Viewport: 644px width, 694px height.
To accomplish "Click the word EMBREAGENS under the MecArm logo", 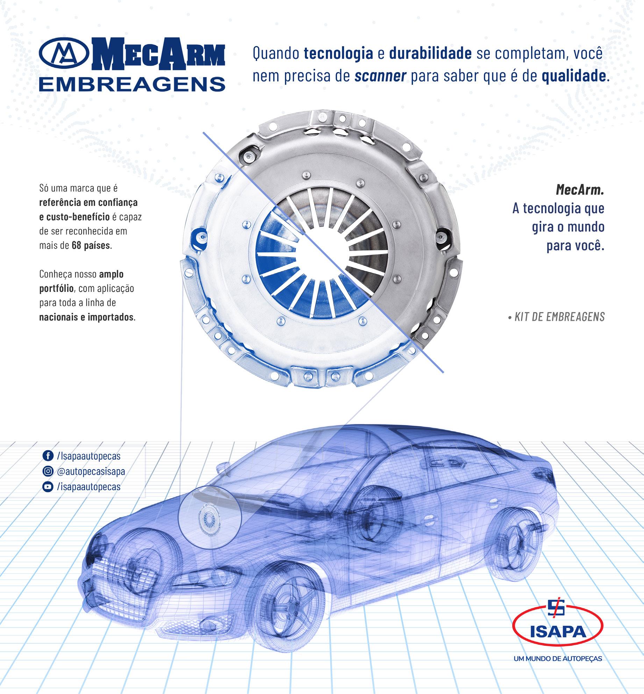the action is [x=132, y=84].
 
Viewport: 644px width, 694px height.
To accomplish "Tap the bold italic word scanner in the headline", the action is [x=380, y=76].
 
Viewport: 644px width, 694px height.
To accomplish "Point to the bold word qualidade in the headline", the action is [x=574, y=76].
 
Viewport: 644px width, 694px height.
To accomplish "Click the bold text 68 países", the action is [x=91, y=245].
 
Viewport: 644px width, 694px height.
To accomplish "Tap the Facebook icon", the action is [x=47, y=456].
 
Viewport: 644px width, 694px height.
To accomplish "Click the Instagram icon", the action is [x=47, y=471].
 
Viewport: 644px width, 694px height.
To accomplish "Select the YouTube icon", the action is [x=47, y=487].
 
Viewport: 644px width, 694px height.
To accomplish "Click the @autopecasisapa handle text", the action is [x=91, y=471].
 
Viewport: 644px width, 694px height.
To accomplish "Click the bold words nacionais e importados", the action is [x=87, y=317].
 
